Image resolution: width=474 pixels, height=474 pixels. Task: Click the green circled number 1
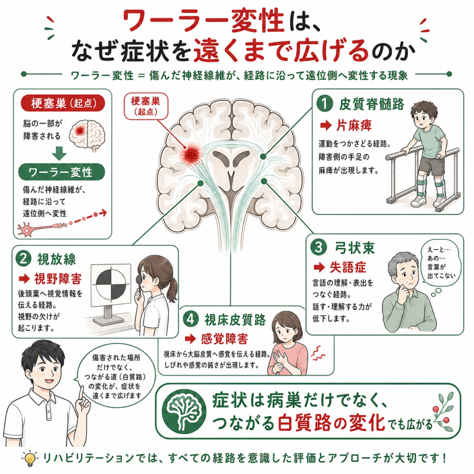pos(324,104)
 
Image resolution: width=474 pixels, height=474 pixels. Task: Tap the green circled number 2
pos(24,259)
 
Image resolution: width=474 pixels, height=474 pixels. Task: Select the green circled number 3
pos(318,247)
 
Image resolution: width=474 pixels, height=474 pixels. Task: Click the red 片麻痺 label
pos(354,125)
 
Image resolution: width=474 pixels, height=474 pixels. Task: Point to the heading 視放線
pos(56,259)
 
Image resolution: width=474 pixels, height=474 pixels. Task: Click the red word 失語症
pos(348,267)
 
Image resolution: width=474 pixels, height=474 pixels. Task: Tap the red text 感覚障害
pos(225,339)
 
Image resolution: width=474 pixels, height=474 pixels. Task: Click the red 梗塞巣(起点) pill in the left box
pos(63,103)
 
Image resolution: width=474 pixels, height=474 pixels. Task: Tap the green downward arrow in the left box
pos(59,154)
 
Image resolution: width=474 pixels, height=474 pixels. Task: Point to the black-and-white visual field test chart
pos(111,285)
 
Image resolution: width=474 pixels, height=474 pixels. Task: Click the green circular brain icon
pos(184,411)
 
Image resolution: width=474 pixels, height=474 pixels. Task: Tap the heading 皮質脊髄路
pos(372,104)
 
